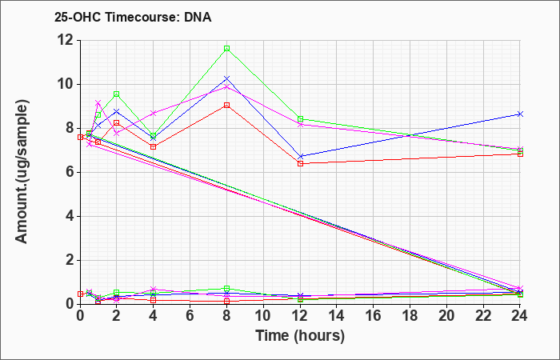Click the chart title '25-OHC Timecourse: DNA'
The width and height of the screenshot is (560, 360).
click(x=133, y=17)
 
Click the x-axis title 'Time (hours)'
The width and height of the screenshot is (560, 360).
click(x=300, y=336)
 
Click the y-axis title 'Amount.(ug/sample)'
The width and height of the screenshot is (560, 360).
click(x=22, y=172)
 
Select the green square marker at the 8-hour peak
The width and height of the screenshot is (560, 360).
click(x=226, y=49)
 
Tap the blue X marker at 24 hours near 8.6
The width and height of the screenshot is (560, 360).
click(x=520, y=114)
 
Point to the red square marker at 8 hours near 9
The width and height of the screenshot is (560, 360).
click(x=226, y=106)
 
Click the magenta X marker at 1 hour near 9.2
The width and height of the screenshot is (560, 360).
click(x=98, y=103)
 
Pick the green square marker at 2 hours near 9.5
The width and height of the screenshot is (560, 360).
click(x=117, y=94)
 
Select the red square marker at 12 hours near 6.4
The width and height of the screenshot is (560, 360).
click(x=300, y=163)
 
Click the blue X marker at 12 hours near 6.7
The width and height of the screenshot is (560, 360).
click(x=300, y=157)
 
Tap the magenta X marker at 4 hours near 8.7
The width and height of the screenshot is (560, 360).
click(x=154, y=114)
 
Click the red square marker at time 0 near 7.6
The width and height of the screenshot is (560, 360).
click(x=80, y=137)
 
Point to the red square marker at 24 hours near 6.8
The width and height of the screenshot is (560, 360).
click(x=520, y=154)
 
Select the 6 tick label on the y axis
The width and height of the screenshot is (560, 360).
click(x=70, y=173)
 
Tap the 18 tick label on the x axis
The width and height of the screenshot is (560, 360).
click(x=410, y=316)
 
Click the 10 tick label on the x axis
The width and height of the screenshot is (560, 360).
click(x=263, y=316)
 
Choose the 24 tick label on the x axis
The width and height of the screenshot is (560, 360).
click(x=520, y=316)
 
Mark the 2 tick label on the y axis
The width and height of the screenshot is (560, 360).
click(x=70, y=260)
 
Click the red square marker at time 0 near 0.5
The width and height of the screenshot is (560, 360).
click(x=80, y=294)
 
